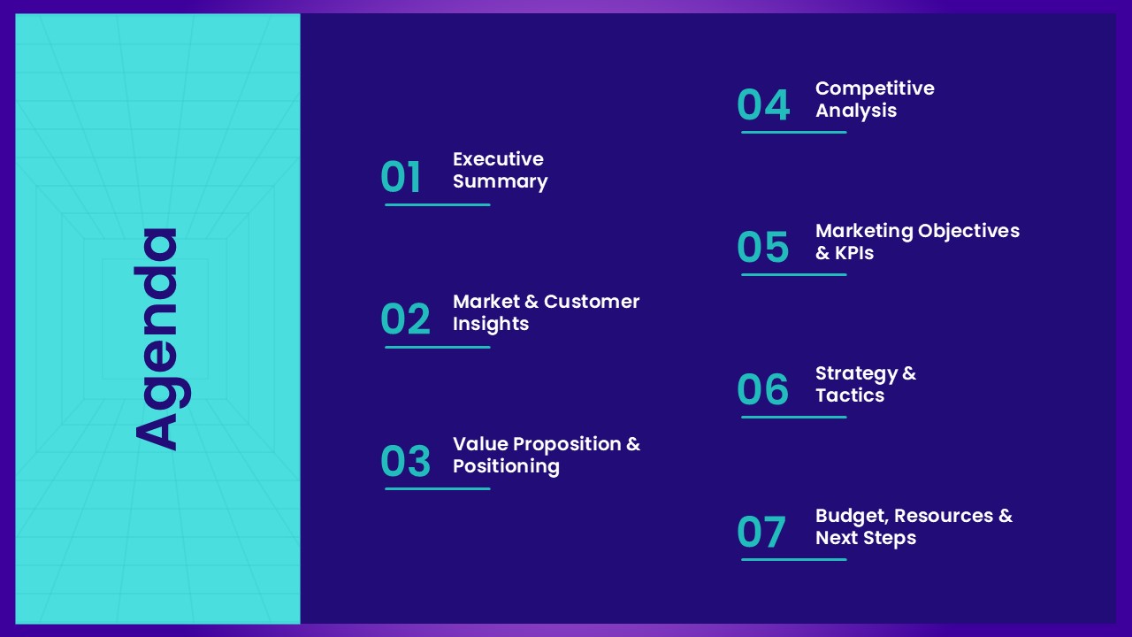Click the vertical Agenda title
157,339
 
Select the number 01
401,177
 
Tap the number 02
405,319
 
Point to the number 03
405,462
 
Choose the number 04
762,105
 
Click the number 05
762,248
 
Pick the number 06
762,390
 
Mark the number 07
761,533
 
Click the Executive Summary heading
500,170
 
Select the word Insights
490,324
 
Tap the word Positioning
506,466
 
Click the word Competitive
874,88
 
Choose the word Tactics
849,395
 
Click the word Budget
853,516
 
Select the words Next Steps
865,538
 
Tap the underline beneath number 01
437,204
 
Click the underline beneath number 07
793,559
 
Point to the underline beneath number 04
793,132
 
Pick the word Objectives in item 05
968,231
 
